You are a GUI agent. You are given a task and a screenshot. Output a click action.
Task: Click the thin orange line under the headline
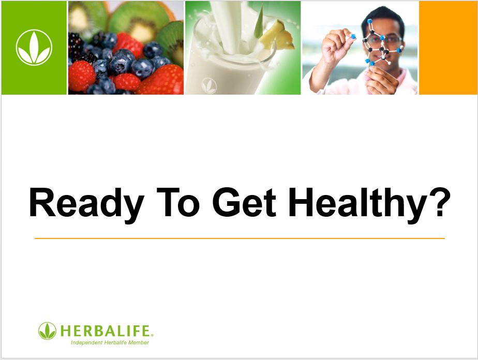(x=240, y=238)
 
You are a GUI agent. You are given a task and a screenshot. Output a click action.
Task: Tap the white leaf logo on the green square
(x=34, y=48)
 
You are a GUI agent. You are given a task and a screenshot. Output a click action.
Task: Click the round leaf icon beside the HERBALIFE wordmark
(x=47, y=331)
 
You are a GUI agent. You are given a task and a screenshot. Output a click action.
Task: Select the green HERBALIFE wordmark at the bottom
(x=106, y=331)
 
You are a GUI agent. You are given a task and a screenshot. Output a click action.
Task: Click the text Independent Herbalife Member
(x=110, y=342)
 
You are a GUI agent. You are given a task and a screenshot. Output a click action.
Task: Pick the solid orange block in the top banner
(x=448, y=48)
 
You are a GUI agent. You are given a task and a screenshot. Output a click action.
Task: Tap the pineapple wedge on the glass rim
(x=277, y=36)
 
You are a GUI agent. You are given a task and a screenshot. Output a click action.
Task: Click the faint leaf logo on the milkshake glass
(x=209, y=85)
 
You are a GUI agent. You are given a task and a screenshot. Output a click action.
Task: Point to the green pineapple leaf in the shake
(x=259, y=23)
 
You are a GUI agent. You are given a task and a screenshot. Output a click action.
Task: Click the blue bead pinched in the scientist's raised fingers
(x=353, y=37)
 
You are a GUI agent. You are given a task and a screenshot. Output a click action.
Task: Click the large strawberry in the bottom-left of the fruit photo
(x=81, y=76)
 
